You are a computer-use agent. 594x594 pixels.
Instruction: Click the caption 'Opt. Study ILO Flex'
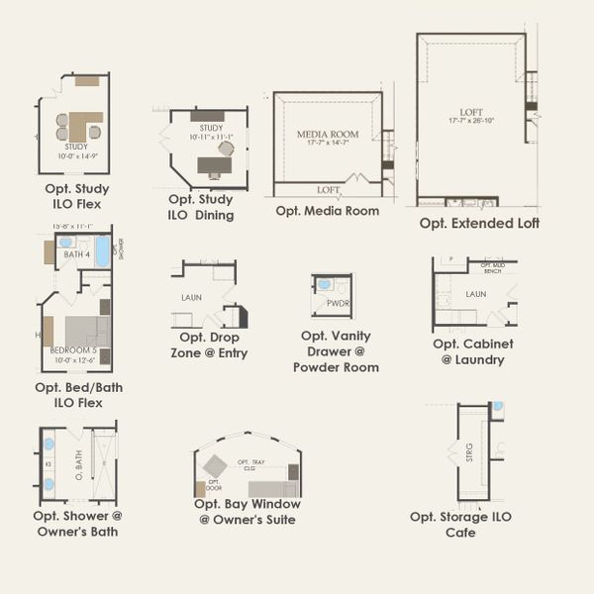click(77, 195)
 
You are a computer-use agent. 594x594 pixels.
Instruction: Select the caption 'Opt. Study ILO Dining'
click(201, 207)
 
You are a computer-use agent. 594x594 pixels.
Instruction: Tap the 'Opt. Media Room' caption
click(327, 211)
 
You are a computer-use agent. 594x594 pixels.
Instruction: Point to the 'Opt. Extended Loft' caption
click(479, 223)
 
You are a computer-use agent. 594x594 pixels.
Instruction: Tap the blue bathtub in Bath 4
click(103, 250)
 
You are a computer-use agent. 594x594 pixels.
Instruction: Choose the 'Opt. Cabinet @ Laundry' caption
click(472, 351)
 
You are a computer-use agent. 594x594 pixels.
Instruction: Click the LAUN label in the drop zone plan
click(191, 297)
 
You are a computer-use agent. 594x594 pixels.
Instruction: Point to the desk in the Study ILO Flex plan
click(85, 123)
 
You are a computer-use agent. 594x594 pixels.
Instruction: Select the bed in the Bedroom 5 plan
click(87, 331)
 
